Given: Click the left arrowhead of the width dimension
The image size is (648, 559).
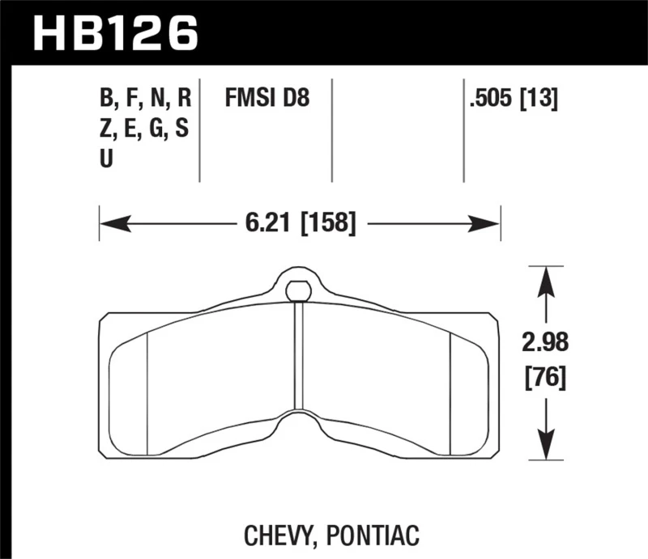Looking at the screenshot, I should [109, 221].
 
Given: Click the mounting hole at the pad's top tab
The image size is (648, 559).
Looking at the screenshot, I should [298, 289].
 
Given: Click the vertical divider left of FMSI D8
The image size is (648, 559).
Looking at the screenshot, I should [199, 129].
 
